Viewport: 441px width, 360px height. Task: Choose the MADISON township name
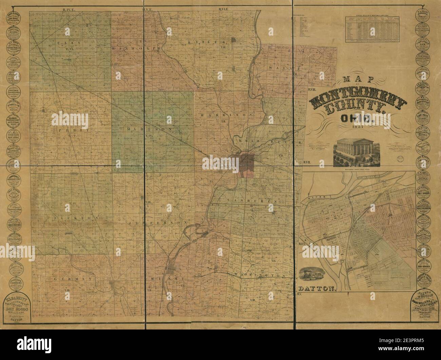tap(149, 129)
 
